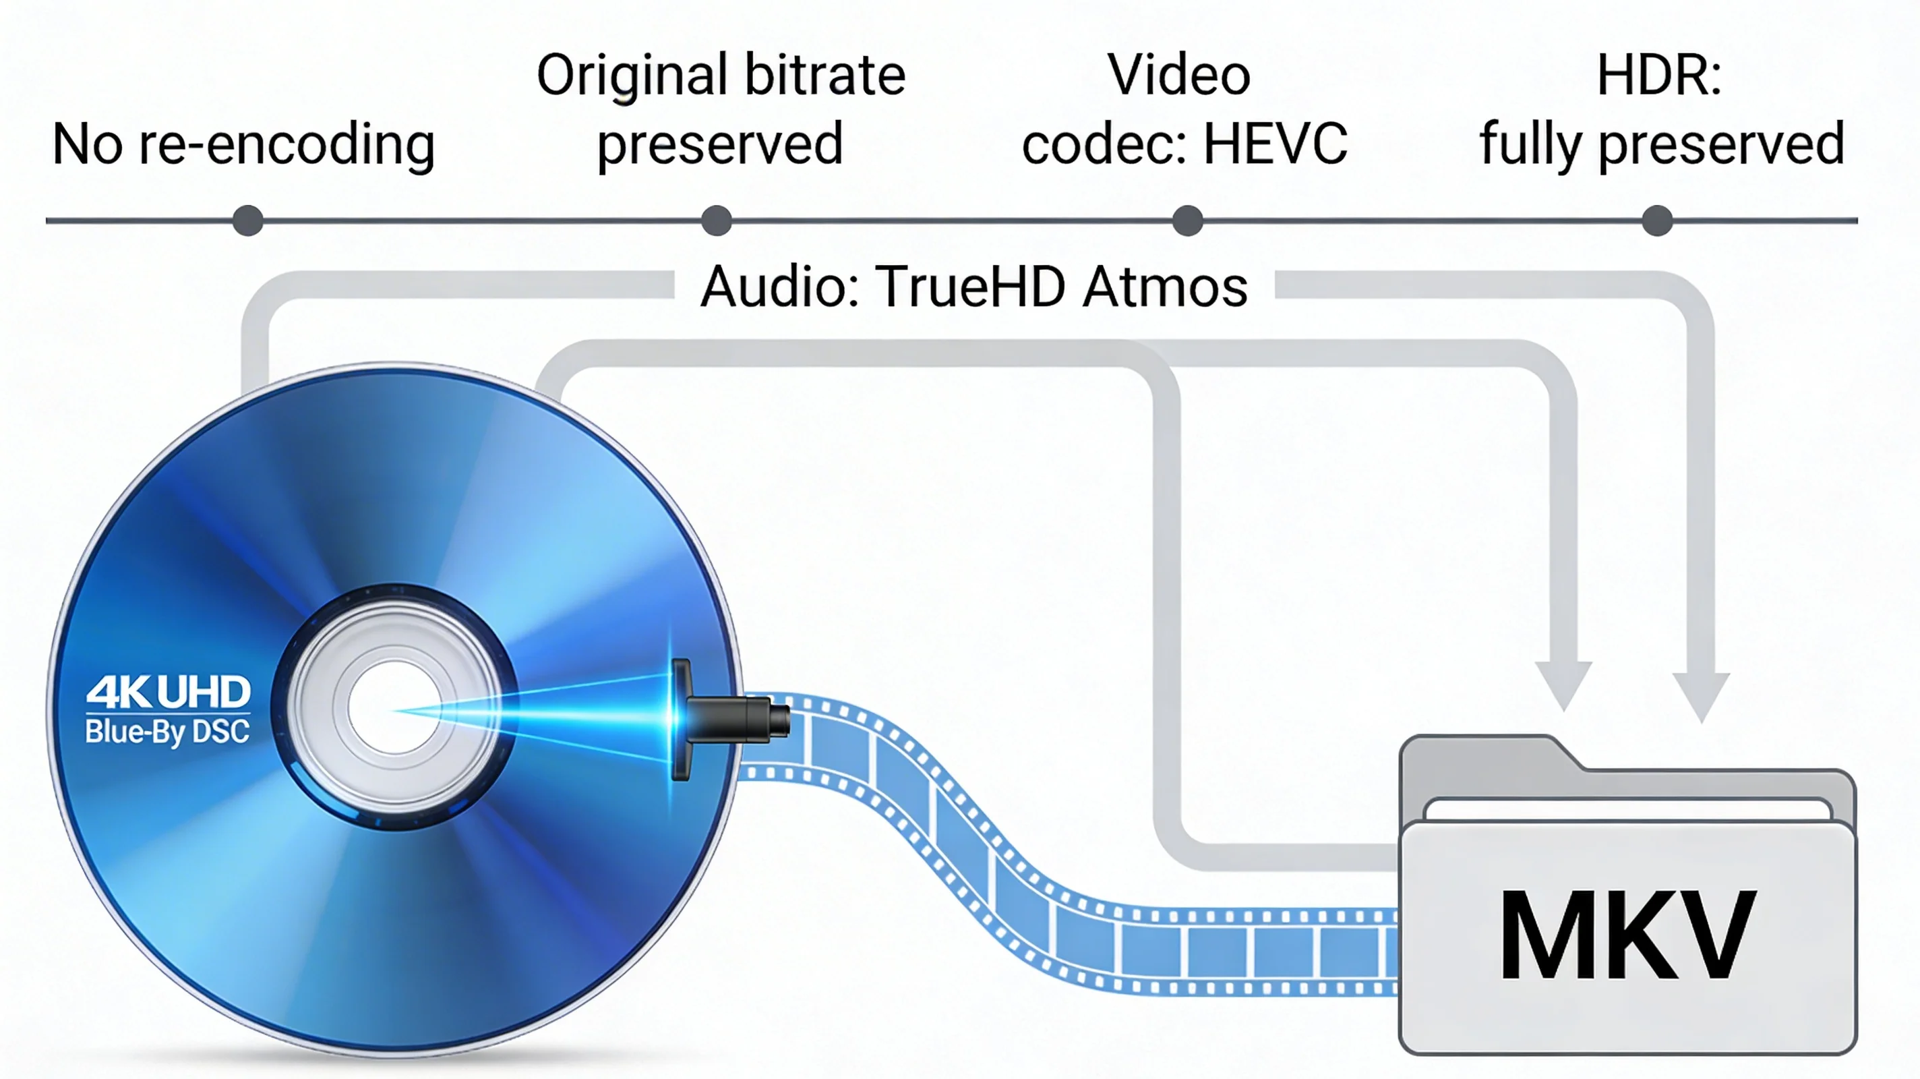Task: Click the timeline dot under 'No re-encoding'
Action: click(247, 221)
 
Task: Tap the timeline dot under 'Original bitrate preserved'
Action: click(716, 221)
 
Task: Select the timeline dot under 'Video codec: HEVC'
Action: click(1187, 221)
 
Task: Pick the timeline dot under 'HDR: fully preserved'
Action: click(1657, 221)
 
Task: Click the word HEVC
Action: click(1276, 143)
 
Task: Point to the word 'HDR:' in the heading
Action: click(1659, 76)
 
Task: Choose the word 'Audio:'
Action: click(779, 287)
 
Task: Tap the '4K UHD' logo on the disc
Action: click(169, 693)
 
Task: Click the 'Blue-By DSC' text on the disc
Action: click(168, 732)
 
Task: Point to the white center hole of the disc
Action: click(393, 706)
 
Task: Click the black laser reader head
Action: click(734, 718)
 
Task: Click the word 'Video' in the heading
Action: click(1178, 76)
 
